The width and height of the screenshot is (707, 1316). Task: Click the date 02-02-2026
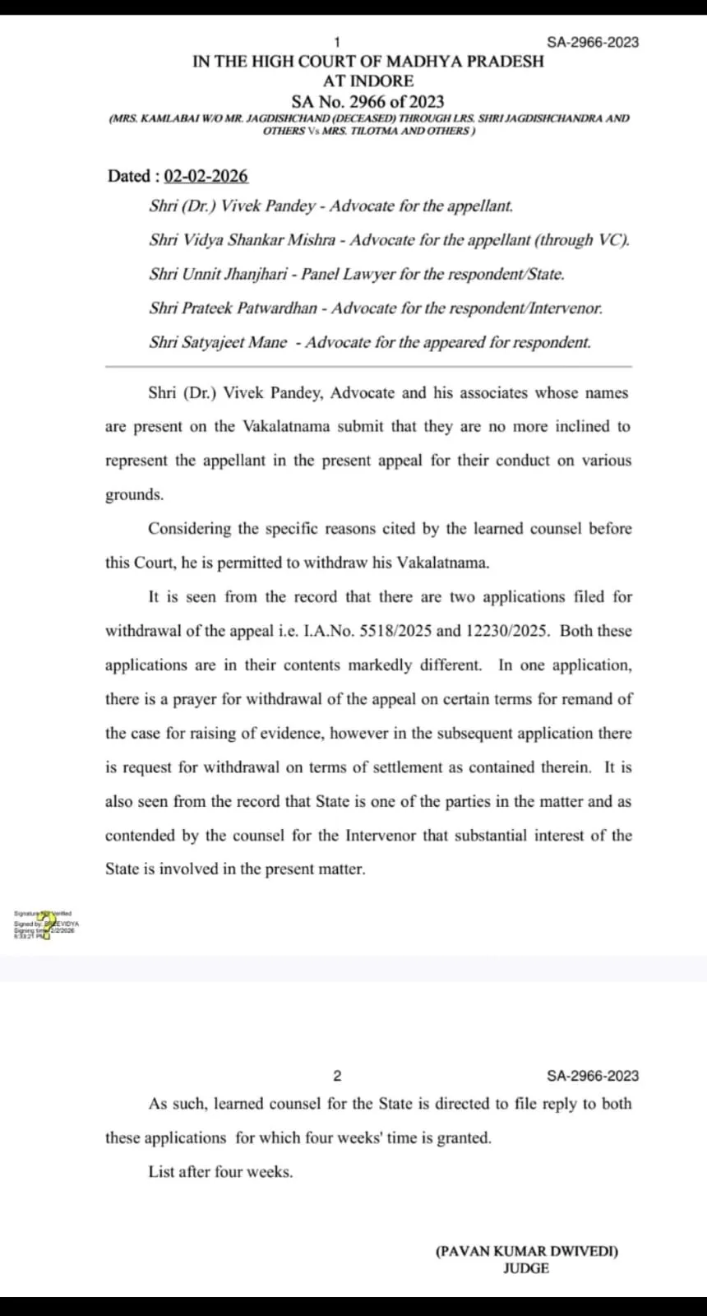[x=206, y=176]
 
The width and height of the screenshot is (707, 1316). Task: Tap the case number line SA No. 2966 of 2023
[x=367, y=101]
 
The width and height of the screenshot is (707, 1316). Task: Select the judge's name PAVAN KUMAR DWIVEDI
[x=526, y=1251]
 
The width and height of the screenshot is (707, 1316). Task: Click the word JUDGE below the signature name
[x=526, y=1268]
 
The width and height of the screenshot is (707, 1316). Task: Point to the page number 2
[x=337, y=1076]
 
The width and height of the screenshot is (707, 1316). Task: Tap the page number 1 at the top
[x=337, y=42]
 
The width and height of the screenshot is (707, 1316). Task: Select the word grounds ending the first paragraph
[x=134, y=494]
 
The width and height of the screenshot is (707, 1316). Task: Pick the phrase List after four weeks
[x=220, y=1172]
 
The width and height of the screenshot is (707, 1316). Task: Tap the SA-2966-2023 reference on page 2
[x=592, y=1076]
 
